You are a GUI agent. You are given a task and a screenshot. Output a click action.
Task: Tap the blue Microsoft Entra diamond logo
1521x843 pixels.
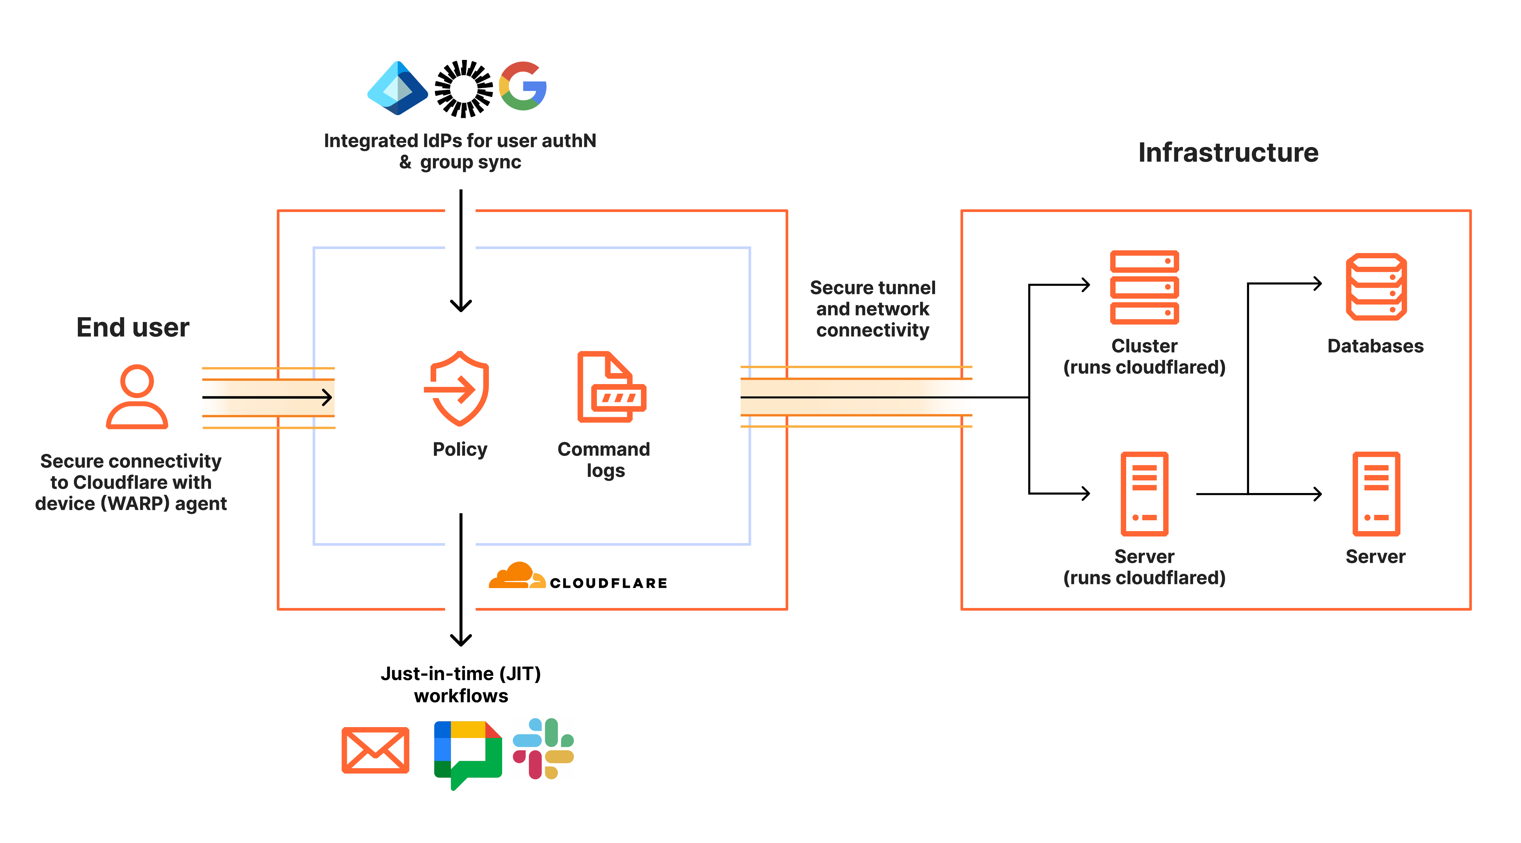pyautogui.click(x=397, y=88)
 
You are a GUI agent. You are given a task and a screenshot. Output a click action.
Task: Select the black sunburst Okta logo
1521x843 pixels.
pyautogui.click(x=463, y=88)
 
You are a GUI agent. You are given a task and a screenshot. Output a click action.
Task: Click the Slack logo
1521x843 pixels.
pyautogui.click(x=543, y=749)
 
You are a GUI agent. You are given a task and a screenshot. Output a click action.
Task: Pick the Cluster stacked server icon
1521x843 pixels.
pyautogui.click(x=1144, y=287)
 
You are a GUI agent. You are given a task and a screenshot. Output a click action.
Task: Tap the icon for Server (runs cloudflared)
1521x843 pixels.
pyautogui.click(x=1144, y=494)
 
